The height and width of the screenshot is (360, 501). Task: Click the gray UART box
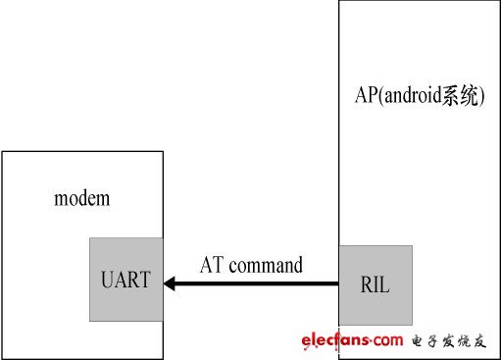[125, 279]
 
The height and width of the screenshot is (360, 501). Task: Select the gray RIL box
[376, 283]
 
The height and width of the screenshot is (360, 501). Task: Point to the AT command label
[251, 265]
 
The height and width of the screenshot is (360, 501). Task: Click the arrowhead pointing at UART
[171, 283]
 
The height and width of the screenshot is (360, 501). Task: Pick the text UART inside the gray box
[125, 280]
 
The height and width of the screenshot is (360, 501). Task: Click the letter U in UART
[107, 280]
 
